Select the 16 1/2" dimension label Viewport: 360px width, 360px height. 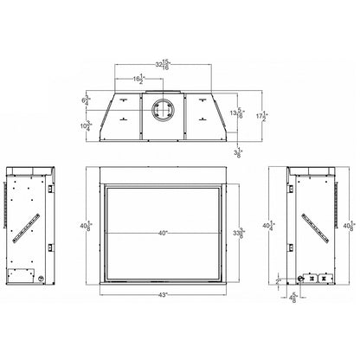pyautogui.click(x=139, y=80)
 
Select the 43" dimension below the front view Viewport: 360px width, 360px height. pyautogui.click(x=163, y=296)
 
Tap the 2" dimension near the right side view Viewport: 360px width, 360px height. pyautogui.click(x=277, y=280)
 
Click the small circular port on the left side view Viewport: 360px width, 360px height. pyautogui.click(x=40, y=279)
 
